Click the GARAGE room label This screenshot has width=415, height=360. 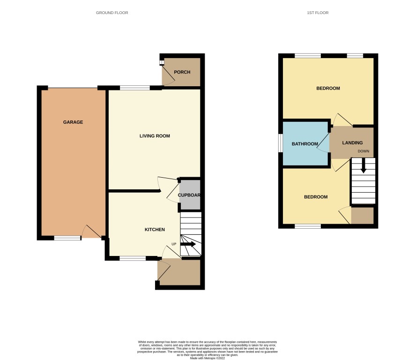coord(73,122)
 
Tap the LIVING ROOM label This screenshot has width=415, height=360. coord(155,136)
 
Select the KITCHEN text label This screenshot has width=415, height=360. coord(155,229)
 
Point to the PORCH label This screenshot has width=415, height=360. coord(182,72)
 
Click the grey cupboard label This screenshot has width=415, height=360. coord(189,195)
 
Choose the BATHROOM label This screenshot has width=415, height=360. coord(305,144)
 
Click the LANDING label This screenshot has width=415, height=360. coord(353,143)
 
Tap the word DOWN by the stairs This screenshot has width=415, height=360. coord(363,151)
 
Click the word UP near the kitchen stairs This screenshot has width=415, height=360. coord(174,244)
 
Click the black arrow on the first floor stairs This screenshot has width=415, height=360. coord(363,165)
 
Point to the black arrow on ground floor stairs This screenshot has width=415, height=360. coord(188,244)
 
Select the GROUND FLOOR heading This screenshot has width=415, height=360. coord(112,13)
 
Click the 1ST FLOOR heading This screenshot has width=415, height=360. coord(318,13)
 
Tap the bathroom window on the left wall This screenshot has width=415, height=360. coord(281,143)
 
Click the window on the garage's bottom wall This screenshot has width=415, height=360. coord(67,238)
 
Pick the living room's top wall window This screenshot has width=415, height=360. coord(135,88)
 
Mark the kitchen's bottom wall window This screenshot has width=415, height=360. coord(133,258)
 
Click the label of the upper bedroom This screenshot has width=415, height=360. coord(328,88)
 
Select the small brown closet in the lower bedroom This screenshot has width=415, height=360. coord(363,216)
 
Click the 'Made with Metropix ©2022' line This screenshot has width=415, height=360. coord(207,358)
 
